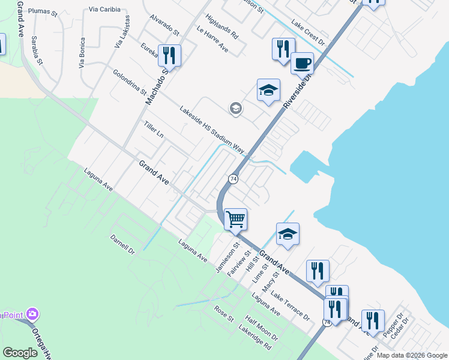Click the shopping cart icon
click(237, 218)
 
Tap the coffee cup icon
click(302, 62)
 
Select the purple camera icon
click(32, 314)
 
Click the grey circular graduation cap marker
click(235, 109)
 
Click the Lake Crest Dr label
click(307, 34)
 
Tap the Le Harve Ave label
click(212, 38)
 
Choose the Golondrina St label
click(130, 82)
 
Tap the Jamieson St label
click(228, 256)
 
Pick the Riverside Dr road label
click(298, 90)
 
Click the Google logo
click(20, 353)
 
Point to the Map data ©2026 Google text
click(412, 355)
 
